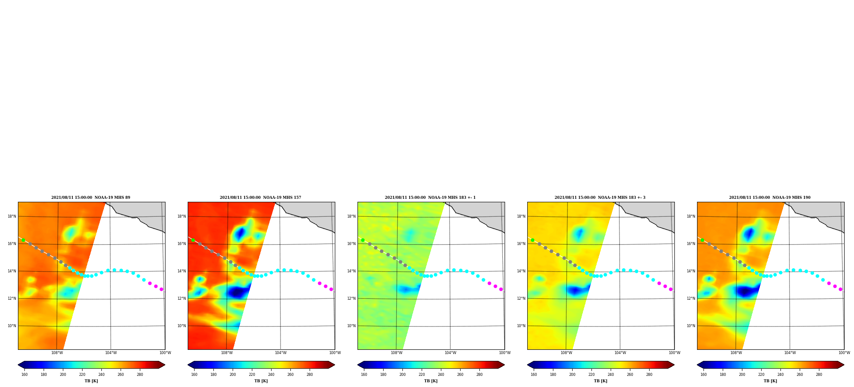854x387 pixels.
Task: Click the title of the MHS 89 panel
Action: click(x=91, y=198)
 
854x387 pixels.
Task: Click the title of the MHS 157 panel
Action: click(x=260, y=198)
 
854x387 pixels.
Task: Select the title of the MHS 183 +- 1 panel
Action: click(x=430, y=198)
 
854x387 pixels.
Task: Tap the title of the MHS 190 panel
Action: click(x=770, y=198)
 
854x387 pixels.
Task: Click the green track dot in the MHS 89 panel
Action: click(x=23, y=240)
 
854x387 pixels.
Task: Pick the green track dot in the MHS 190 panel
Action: click(x=702, y=240)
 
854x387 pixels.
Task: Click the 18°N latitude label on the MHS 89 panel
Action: click(x=12, y=216)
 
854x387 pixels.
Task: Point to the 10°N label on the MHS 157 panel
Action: click(x=182, y=326)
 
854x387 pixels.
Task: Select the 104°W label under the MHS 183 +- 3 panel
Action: click(x=620, y=353)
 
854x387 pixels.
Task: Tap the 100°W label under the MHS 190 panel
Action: click(x=844, y=353)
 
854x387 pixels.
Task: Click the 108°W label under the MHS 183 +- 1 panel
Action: click(x=396, y=353)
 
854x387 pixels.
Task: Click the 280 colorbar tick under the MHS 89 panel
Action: click(x=140, y=375)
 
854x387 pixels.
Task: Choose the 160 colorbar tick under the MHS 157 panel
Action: click(x=194, y=375)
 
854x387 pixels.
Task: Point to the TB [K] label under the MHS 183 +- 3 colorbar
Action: click(x=600, y=381)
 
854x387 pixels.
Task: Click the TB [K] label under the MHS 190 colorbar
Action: click(x=770, y=381)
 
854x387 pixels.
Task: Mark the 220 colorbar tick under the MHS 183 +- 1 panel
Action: click(x=422, y=375)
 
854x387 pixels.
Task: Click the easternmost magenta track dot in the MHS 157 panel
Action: click(x=331, y=289)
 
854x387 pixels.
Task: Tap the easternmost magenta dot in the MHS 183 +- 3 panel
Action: click(x=671, y=289)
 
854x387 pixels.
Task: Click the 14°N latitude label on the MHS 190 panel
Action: click(x=691, y=271)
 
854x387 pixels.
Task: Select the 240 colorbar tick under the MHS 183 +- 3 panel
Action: click(x=611, y=375)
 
